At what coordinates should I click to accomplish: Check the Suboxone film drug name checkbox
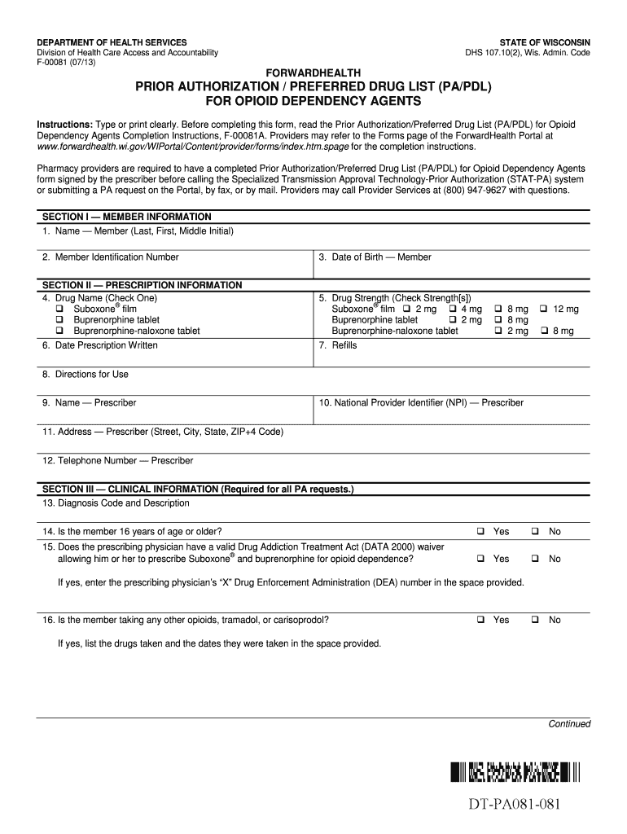59,309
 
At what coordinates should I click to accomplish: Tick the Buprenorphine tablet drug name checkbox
59,320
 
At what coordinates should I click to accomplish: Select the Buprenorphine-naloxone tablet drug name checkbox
59,331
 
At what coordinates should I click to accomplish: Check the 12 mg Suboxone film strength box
543,309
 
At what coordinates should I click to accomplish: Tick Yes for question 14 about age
481,531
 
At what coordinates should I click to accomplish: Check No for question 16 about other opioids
536,620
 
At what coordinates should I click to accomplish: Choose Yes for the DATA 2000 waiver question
481,559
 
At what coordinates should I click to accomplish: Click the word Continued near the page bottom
569,724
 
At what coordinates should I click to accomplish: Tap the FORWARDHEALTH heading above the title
313,72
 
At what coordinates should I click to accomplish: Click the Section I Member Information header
127,217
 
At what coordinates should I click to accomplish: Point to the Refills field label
338,345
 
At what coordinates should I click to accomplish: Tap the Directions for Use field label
85,375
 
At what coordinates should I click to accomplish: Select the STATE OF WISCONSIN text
545,42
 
